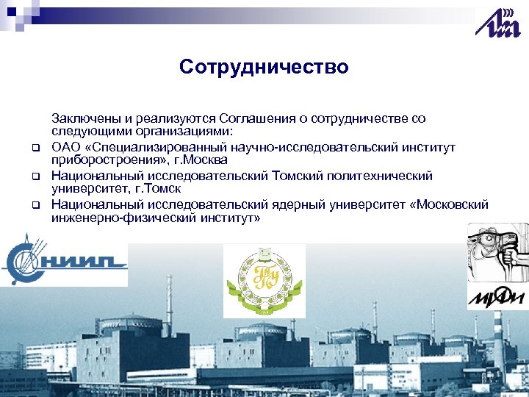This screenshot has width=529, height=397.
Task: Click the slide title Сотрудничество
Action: pos(264,68)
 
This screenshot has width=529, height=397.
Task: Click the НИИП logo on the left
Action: pos(64,258)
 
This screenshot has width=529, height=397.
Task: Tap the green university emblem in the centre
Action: pos(264,281)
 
